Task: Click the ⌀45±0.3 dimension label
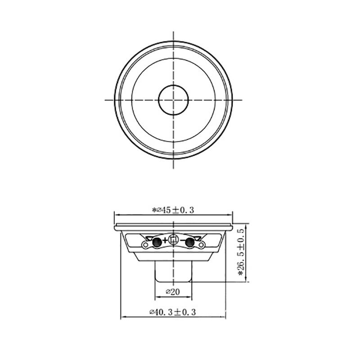pyautogui.click(x=173, y=210)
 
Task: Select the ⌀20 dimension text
pyautogui.click(x=173, y=292)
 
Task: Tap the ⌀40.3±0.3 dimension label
pyautogui.click(x=173, y=312)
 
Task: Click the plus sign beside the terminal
pyautogui.click(x=165, y=241)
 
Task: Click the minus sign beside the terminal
pyautogui.click(x=183, y=240)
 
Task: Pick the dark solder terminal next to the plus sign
pyautogui.click(x=157, y=242)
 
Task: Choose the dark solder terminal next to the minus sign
pyautogui.click(x=189, y=242)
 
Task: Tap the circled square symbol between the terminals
pyautogui.click(x=174, y=240)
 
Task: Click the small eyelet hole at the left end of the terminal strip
pyautogui.click(x=145, y=245)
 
